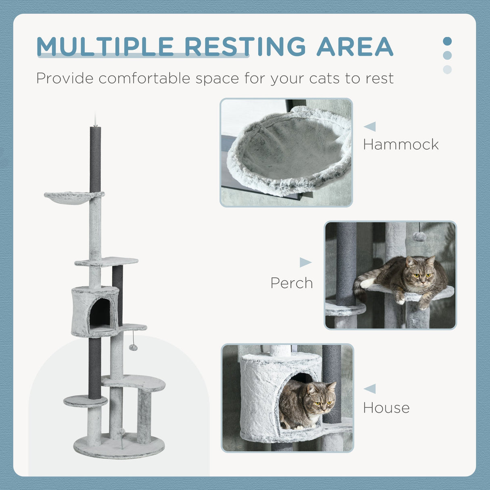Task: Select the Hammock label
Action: pos(400,144)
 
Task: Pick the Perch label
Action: pos(291,283)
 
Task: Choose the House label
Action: pos(386,408)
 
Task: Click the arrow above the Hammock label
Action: pos(370,127)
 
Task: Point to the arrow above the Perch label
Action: pos(306,263)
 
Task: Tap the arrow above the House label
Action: pos(370,389)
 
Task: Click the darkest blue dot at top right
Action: pos(447,41)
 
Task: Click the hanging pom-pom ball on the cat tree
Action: pos(133,347)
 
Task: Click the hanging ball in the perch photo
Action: pos(419,236)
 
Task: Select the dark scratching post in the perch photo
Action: pos(346,262)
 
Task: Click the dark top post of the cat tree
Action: pos(95,159)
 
